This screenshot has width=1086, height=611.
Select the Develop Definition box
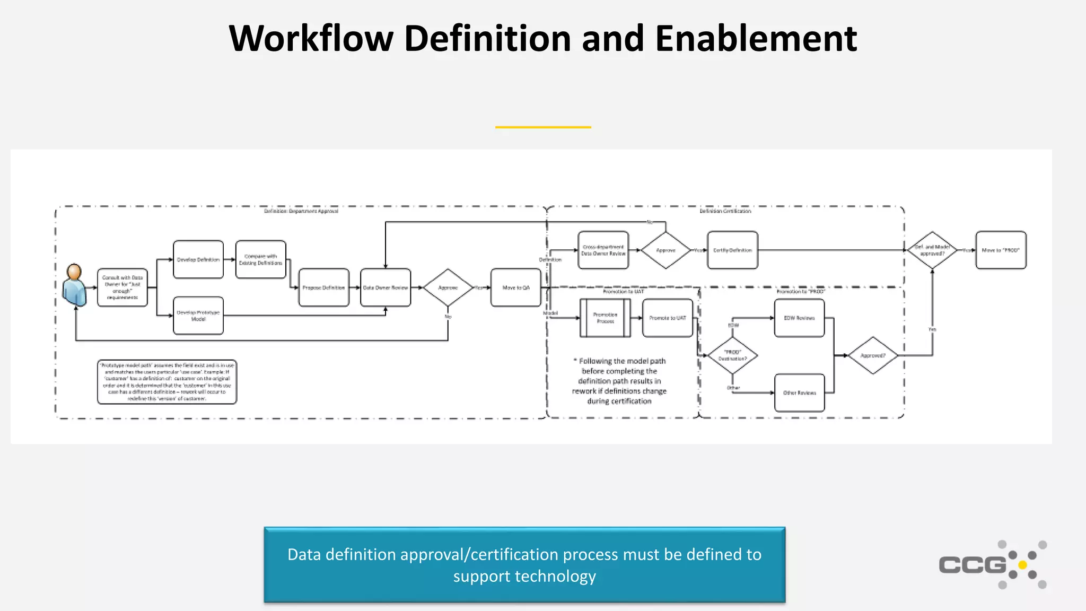pos(198,259)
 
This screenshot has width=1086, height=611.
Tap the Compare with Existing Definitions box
pos(260,259)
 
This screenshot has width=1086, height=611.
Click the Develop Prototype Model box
pos(198,316)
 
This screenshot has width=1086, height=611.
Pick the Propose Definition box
pos(323,287)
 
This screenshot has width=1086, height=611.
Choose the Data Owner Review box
pos(386,287)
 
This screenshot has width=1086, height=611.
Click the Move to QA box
pos(515,287)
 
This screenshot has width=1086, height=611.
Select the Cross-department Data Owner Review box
pos(603,250)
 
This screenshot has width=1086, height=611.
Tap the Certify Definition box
pos(732,250)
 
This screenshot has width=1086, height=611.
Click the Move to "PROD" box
pos(1001,250)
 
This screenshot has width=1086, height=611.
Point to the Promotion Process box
pos(605,318)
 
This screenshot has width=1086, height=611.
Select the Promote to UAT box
pos(667,318)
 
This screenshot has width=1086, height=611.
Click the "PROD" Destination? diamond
pos(732,355)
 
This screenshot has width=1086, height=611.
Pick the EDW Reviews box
pos(799,318)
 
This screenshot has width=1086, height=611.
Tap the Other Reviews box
pos(799,392)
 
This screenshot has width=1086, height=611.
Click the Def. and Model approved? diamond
pos(932,250)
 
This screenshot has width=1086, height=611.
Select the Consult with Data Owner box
pos(122,287)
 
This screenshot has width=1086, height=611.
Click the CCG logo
pos(992,564)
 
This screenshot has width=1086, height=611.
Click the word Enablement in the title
pos(756,38)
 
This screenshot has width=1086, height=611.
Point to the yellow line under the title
pos(543,127)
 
